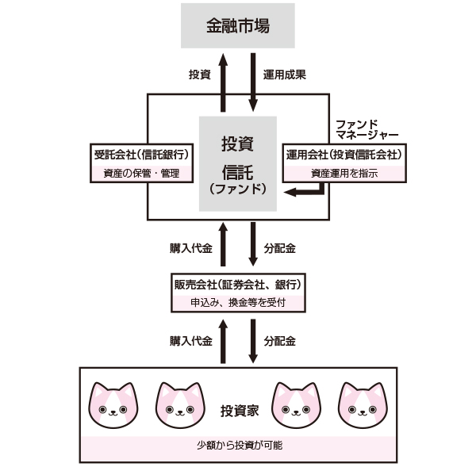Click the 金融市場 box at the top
[238, 25]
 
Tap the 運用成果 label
[285, 75]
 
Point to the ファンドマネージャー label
[367, 130]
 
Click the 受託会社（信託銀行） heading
[142, 154]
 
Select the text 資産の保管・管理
[142, 174]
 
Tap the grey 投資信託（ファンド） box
[237, 164]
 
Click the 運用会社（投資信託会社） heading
[342, 154]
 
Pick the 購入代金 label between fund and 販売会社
[190, 248]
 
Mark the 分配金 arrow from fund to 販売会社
[253, 247]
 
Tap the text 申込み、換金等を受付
[238, 303]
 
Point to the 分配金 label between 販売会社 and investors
[279, 342]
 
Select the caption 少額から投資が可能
[238, 445]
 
